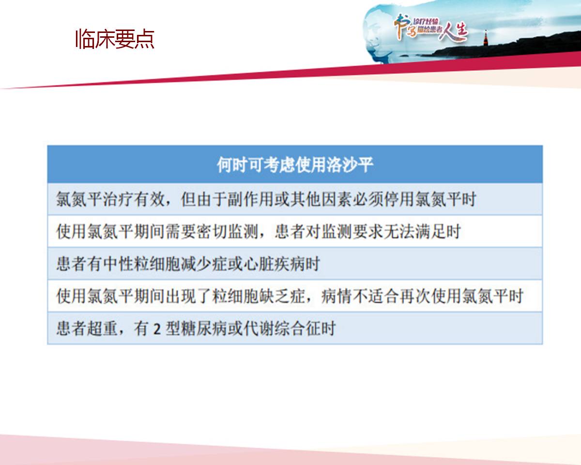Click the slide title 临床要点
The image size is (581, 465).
click(x=115, y=39)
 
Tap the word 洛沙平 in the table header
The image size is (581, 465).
click(x=350, y=165)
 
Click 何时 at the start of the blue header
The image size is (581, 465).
click(x=232, y=165)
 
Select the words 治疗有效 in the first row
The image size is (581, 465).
click(x=135, y=200)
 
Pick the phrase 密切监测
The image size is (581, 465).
click(x=228, y=232)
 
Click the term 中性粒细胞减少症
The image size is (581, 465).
click(x=165, y=264)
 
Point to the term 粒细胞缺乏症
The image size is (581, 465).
click(x=259, y=296)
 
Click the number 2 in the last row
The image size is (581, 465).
click(x=157, y=329)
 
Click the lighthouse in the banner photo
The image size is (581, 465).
click(x=486, y=38)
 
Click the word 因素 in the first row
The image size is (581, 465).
click(x=336, y=200)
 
